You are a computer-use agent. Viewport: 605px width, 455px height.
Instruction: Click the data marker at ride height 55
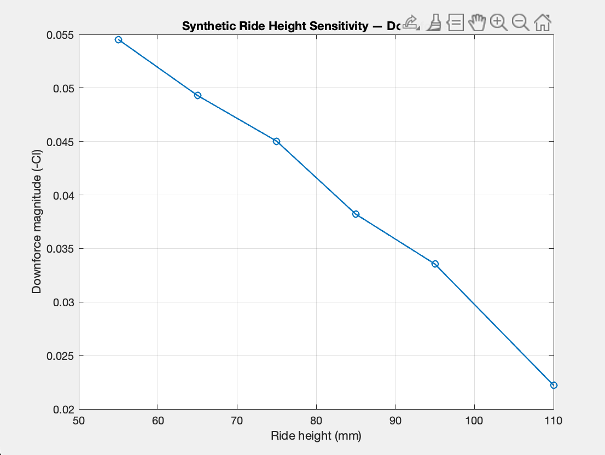pos(118,40)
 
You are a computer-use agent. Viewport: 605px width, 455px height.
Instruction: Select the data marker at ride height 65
pos(197,95)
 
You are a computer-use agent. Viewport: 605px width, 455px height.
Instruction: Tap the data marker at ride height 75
pos(276,141)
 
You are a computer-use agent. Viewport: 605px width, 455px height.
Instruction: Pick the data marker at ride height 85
pos(356,214)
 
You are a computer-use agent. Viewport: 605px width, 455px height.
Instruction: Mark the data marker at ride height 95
pos(435,264)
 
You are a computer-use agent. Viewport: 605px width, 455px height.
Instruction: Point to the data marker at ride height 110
pos(554,385)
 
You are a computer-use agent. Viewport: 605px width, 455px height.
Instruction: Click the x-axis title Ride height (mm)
pos(316,436)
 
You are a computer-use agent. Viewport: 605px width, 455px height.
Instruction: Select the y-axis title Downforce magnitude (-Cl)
pos(37,222)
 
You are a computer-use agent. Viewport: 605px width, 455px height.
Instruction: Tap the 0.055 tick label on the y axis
pos(61,35)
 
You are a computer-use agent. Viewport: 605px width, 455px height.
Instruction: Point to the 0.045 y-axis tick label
pos(61,142)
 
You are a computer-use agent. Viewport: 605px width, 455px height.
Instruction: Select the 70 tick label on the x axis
pos(237,421)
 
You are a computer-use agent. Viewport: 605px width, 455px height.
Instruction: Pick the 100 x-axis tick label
pos(474,421)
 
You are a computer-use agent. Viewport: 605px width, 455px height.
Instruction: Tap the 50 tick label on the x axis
pos(79,421)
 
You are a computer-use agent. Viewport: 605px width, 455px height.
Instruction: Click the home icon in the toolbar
pos(542,22)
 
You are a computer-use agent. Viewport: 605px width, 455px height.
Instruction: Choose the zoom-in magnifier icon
pos(498,22)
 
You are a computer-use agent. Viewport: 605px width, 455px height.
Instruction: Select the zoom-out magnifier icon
pos(520,22)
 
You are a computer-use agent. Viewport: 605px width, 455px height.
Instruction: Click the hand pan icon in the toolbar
pos(477,22)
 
